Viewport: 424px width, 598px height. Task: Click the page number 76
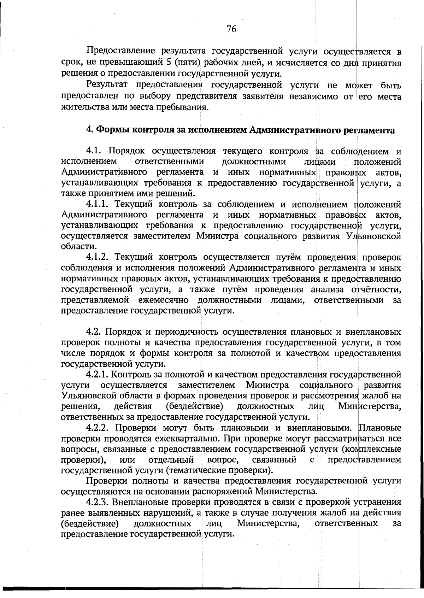(231, 29)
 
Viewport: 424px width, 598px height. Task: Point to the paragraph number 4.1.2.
(99, 257)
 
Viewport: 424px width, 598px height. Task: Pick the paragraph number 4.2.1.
(99, 374)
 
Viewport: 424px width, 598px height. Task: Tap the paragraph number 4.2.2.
(99, 428)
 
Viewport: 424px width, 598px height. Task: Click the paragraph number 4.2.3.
(99, 502)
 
